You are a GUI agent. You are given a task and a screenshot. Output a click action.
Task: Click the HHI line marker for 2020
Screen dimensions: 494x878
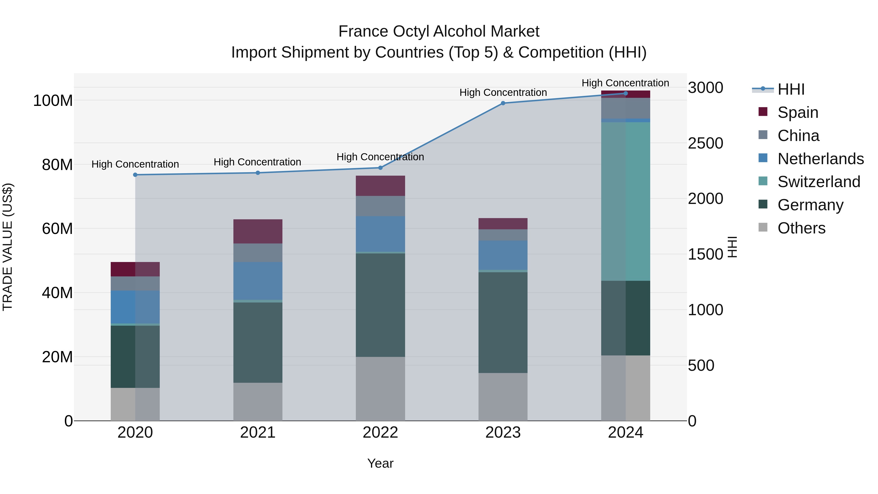pyautogui.click(x=135, y=175)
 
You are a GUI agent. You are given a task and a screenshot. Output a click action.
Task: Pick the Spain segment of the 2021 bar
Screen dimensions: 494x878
pyautogui.click(x=258, y=231)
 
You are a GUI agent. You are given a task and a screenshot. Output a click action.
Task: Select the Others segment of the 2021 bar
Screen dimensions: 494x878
pyautogui.click(x=258, y=401)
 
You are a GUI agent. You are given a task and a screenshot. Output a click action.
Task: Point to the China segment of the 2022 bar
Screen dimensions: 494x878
pyautogui.click(x=380, y=206)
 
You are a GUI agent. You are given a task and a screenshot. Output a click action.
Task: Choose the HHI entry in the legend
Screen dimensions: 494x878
pyautogui.click(x=791, y=89)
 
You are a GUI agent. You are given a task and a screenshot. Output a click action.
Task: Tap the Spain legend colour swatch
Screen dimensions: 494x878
pyautogui.click(x=763, y=112)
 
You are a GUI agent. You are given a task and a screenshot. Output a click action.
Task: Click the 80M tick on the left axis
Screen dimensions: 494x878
pyautogui.click(x=57, y=165)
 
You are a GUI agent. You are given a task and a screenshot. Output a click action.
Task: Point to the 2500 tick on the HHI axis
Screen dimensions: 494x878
pyautogui.click(x=705, y=143)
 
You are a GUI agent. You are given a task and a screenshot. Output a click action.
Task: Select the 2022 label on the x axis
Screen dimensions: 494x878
pyautogui.click(x=380, y=433)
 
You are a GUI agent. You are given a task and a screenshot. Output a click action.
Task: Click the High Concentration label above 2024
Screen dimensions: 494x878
pyautogui.click(x=625, y=83)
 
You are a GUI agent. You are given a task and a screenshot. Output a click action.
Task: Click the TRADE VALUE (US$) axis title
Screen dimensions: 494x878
pyautogui.click(x=8, y=247)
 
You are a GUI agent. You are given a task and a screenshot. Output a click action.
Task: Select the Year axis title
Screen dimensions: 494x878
pyautogui.click(x=380, y=463)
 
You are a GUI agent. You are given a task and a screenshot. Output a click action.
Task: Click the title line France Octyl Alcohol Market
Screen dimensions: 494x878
pyautogui.click(x=439, y=31)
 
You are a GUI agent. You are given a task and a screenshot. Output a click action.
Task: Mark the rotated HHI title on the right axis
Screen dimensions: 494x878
pyautogui.click(x=732, y=247)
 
